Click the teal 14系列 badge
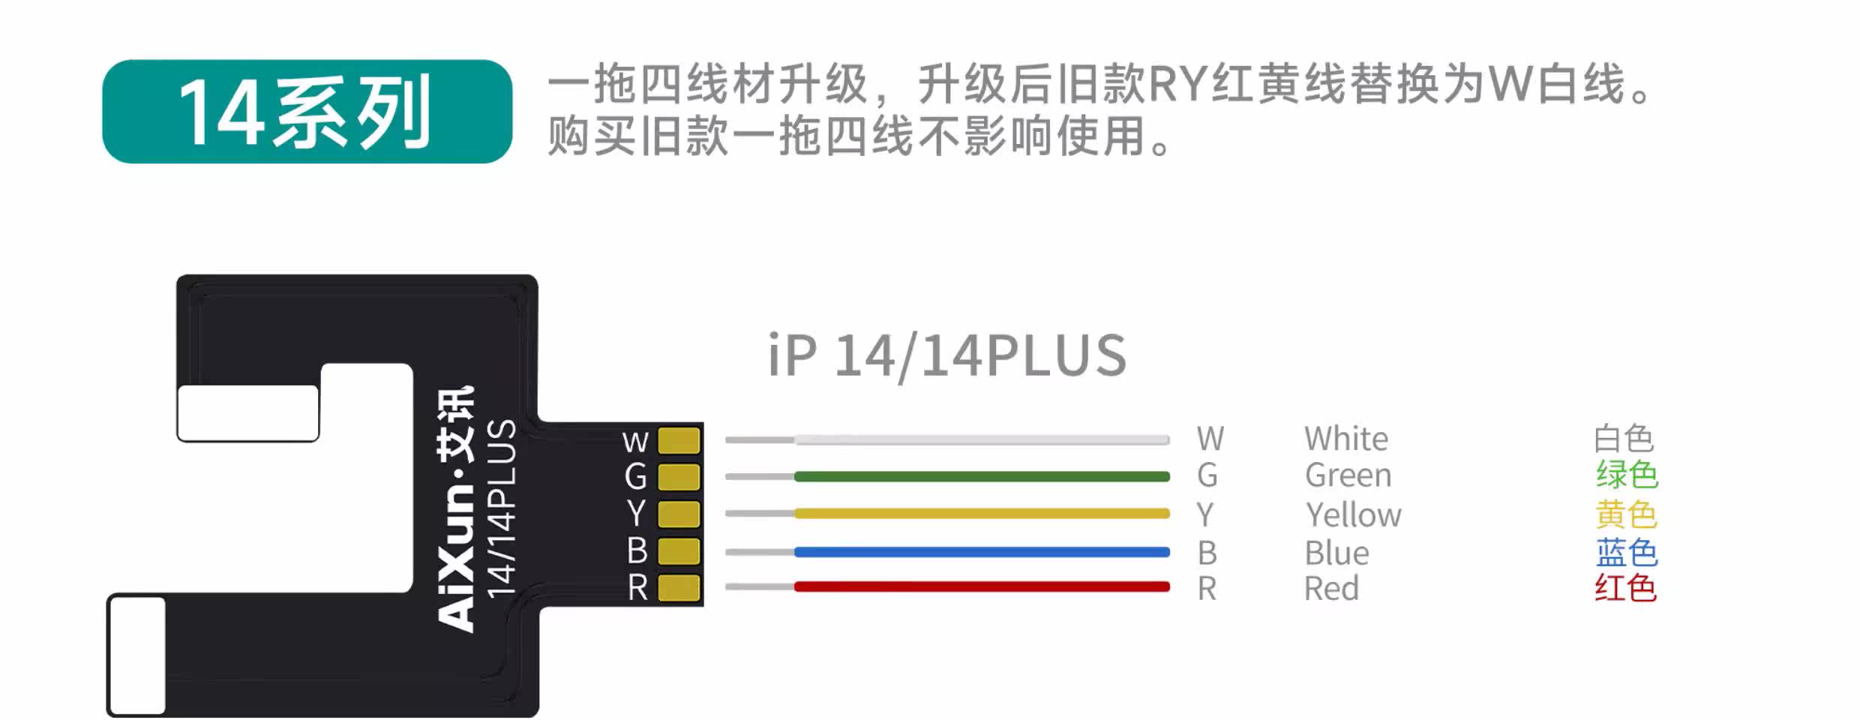tap(307, 112)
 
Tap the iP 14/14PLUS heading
tap(946, 355)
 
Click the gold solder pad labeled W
tap(679, 441)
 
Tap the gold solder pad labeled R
tap(679, 587)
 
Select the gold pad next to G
tap(679, 477)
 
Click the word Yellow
tap(1353, 515)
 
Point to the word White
tap(1346, 439)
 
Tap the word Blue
tap(1336, 553)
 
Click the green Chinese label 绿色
tap(1626, 475)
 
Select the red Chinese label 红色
tap(1625, 588)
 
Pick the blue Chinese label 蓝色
tap(1626, 553)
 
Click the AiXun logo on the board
tap(456, 510)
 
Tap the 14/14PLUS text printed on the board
tap(501, 510)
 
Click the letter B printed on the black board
tap(637, 551)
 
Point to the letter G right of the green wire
tap(1207, 475)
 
